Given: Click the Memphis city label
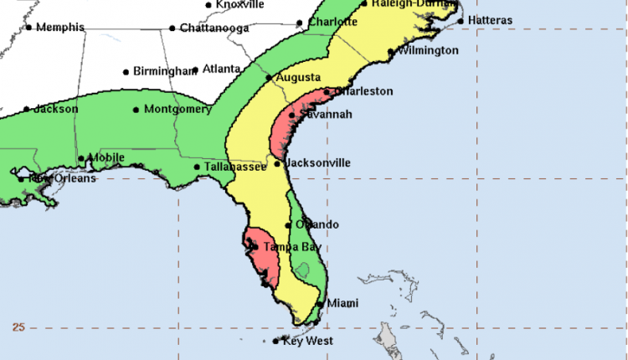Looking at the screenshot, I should (59, 28).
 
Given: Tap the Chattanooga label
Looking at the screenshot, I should (214, 28).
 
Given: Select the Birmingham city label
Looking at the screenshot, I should (165, 72).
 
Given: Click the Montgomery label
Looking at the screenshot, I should (177, 110).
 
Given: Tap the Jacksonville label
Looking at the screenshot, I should (318, 163).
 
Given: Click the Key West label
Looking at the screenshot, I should (307, 341).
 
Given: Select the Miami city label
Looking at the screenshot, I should (343, 303).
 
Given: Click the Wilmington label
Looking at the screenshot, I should (429, 51).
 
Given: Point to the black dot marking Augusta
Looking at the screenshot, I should (268, 79).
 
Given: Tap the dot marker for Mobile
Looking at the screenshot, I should (81, 158).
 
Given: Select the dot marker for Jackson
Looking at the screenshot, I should (27, 110).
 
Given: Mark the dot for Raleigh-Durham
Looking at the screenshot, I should (364, 4).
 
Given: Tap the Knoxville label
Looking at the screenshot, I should (240, 5).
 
